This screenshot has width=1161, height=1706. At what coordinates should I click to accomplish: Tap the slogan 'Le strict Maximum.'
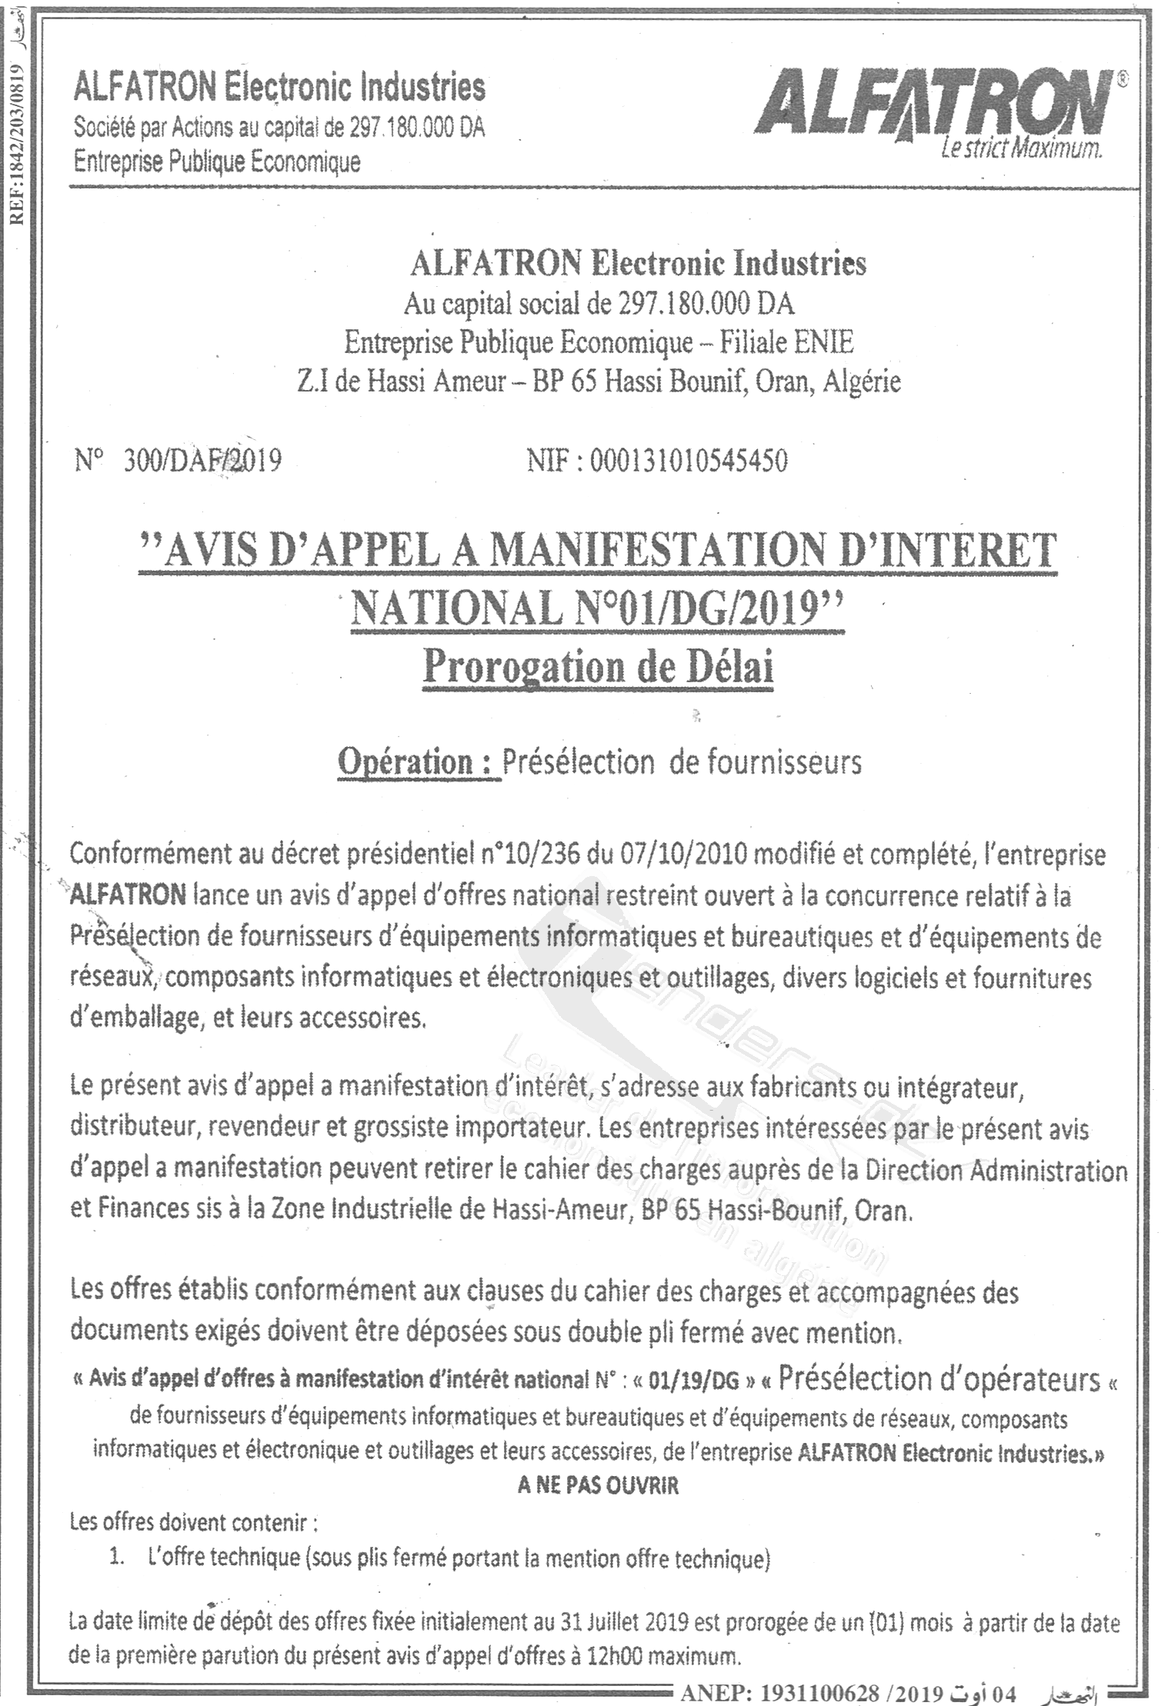(1021, 150)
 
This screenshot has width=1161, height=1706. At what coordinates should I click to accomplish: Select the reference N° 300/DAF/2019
(178, 460)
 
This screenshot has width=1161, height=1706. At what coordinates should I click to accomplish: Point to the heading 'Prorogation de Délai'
(598, 666)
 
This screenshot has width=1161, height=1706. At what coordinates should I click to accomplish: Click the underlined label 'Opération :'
(419, 762)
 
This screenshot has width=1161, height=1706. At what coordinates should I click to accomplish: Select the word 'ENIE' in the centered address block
(826, 342)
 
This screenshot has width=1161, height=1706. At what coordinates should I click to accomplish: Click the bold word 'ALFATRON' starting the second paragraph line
(128, 896)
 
